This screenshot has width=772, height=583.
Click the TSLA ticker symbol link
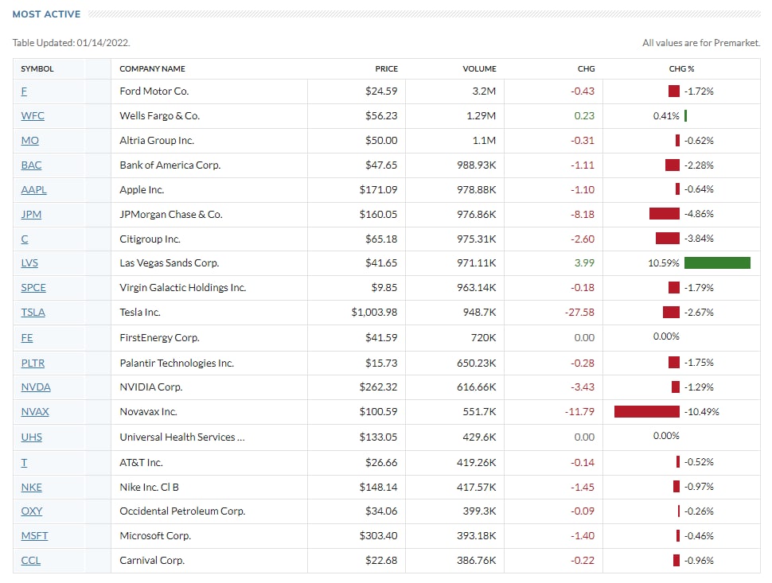[33, 313]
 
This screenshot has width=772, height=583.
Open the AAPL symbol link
[34, 190]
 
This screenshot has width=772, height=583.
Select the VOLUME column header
[479, 69]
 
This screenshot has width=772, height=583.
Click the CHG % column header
[681, 69]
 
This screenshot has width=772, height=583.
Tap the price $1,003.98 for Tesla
[374, 313]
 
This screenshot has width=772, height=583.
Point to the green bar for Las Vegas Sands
[717, 263]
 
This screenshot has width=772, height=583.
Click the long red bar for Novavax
[647, 412]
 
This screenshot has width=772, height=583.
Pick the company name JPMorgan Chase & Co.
[171, 215]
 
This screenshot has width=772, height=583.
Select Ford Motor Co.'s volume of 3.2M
[484, 91]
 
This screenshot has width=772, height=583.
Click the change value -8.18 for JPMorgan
[583, 215]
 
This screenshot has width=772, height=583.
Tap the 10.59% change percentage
[663, 263]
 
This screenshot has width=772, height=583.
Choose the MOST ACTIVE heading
[46, 14]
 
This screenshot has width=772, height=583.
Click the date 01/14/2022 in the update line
[103, 43]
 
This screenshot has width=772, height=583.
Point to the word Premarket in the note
[736, 43]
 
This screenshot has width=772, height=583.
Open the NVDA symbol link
[36, 387]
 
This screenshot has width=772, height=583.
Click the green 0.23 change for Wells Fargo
[584, 116]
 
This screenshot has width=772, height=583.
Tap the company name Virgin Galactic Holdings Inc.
[183, 288]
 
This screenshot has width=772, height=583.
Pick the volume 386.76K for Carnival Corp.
[477, 561]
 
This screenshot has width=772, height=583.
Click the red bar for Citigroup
[668, 239]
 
